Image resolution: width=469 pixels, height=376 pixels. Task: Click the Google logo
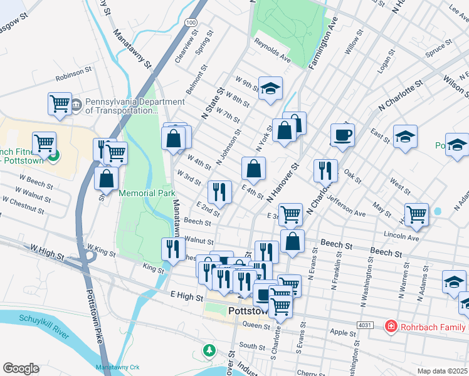tap(21, 368)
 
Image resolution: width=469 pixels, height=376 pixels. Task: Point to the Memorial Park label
tap(147, 193)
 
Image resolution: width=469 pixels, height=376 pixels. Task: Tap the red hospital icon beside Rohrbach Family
tap(391, 326)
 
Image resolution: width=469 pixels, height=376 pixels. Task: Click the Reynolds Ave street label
tap(272, 51)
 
